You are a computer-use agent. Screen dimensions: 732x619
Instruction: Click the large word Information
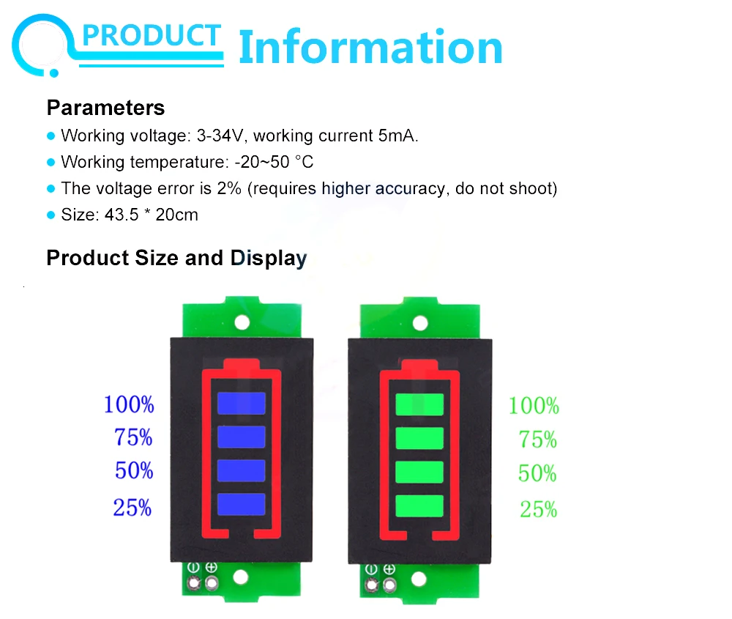pyautogui.click(x=370, y=47)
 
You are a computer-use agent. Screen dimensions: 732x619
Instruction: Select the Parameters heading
pyautogui.click(x=105, y=108)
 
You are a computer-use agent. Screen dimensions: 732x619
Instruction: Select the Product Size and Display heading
pyautogui.click(x=176, y=258)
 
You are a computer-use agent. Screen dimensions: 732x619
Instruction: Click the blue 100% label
pyautogui.click(x=129, y=404)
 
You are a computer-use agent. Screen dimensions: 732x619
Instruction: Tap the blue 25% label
pyautogui.click(x=132, y=508)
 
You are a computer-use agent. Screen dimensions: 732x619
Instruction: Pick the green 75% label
pyautogui.click(x=538, y=440)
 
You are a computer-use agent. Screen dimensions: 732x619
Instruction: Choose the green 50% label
pyautogui.click(x=538, y=473)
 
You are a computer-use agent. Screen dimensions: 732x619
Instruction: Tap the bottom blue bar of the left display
pyautogui.click(x=241, y=503)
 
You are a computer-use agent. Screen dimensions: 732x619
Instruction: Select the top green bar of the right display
pyautogui.click(x=419, y=404)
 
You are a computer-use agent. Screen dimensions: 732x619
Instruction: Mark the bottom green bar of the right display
pyautogui.click(x=419, y=505)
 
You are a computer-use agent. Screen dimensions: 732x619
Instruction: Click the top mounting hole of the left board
pyautogui.click(x=242, y=322)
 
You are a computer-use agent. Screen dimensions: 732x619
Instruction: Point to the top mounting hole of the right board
pyautogui.click(x=420, y=322)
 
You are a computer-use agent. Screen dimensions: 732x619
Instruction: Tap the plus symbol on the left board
pyautogui.click(x=212, y=568)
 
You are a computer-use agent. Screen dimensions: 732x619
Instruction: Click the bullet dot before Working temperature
pyautogui.click(x=51, y=162)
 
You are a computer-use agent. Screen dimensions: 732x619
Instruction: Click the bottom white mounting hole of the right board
pyautogui.click(x=419, y=579)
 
